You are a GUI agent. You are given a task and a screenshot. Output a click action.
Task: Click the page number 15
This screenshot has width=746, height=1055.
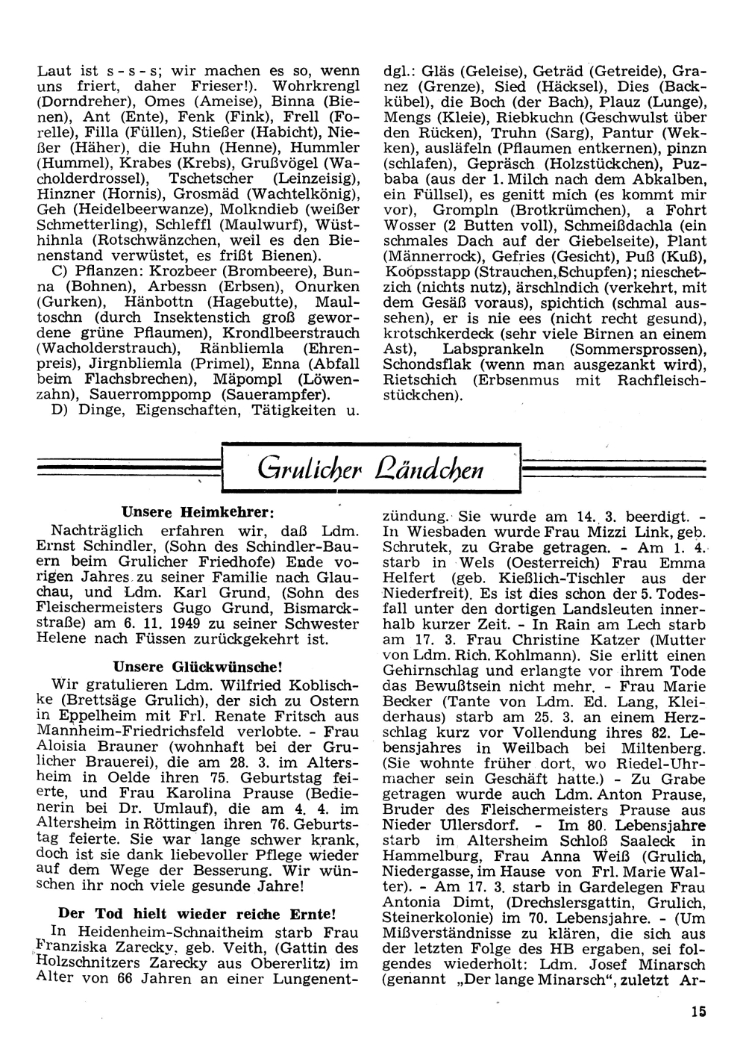(x=698, y=1012)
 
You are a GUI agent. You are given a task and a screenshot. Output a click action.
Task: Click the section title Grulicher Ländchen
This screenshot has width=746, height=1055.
(x=371, y=470)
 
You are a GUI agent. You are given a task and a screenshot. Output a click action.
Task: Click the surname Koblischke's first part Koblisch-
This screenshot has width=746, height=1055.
(x=322, y=685)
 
